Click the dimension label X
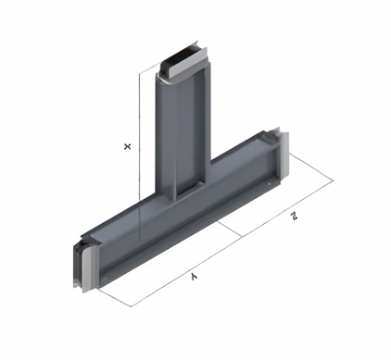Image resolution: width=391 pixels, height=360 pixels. coord(127,146)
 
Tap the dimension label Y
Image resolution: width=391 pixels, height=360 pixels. coord(194,277)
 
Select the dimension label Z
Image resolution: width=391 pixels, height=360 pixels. coord(294,216)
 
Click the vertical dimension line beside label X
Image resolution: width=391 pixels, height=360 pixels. coord(139,155)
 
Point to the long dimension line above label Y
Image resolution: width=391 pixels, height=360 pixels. coord(186,271)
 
